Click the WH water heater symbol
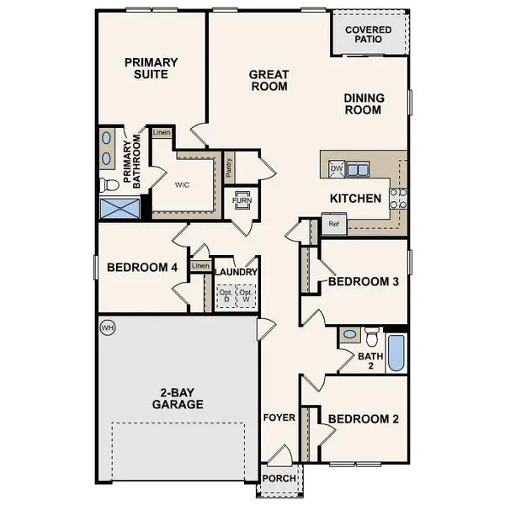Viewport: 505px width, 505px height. (x=107, y=327)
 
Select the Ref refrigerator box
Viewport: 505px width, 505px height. (x=333, y=225)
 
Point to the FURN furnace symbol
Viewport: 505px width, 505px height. (x=242, y=200)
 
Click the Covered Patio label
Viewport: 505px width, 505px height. (x=369, y=34)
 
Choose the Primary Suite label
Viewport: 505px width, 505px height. (x=151, y=67)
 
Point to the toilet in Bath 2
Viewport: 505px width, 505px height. (x=371, y=338)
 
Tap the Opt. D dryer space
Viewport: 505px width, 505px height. (x=225, y=295)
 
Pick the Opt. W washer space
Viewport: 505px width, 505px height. (x=247, y=295)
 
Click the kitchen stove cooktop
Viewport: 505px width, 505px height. (x=398, y=198)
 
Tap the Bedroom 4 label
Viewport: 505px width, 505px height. (x=142, y=268)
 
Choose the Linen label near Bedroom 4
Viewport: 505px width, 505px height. (x=199, y=267)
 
